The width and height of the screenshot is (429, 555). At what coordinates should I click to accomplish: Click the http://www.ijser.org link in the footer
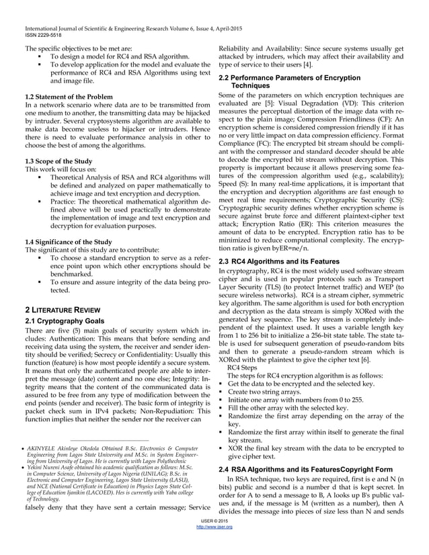click(214, 546)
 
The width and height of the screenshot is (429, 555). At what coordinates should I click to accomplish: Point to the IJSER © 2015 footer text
click(214, 539)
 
